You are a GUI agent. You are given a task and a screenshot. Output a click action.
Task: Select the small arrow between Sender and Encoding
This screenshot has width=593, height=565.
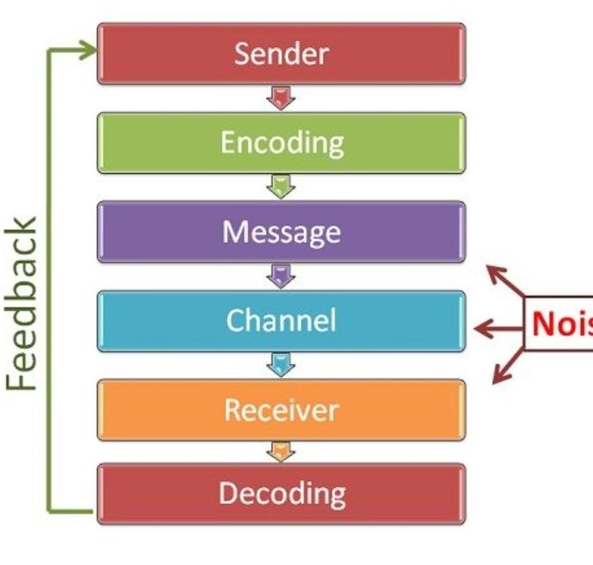[x=281, y=98]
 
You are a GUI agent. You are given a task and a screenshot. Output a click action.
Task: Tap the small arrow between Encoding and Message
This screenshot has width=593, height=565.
[x=281, y=187]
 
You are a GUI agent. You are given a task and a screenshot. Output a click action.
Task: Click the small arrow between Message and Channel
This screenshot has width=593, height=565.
[x=281, y=276]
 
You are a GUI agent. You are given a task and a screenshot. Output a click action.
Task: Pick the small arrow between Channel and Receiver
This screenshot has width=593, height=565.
[x=281, y=365]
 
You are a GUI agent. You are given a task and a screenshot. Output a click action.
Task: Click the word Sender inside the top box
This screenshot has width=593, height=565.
[x=281, y=54]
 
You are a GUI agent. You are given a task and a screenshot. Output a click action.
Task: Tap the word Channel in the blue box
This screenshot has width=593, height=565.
[x=281, y=321]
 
